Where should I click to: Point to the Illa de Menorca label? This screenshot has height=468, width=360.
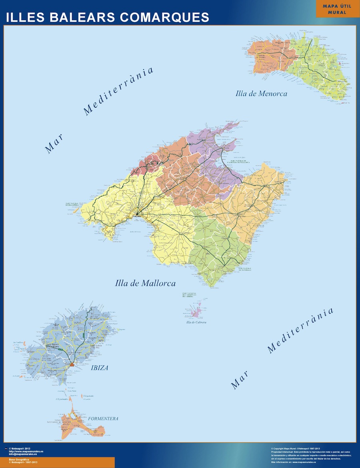click(x=262, y=94)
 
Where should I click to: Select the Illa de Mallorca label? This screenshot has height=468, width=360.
click(x=145, y=283)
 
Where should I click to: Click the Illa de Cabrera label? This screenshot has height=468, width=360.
click(x=195, y=323)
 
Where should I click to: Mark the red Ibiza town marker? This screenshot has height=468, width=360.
click(x=72, y=364)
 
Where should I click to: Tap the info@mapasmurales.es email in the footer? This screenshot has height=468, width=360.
click(x=23, y=454)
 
